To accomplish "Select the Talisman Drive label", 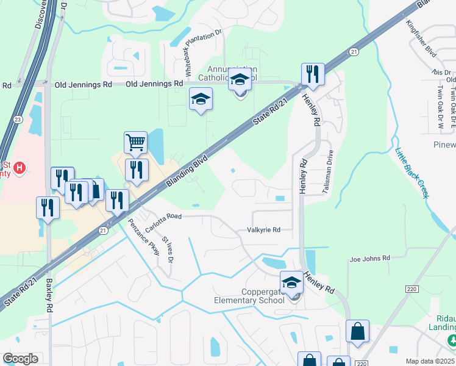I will tap(328, 172).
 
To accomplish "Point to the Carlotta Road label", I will tap(163, 216).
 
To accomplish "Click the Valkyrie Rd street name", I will tap(263, 230).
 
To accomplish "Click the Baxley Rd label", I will tap(49, 293).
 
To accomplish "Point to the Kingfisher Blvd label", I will tap(422, 39).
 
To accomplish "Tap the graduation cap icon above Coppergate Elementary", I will tap(292, 282).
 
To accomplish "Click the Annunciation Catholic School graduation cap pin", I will tap(240, 80).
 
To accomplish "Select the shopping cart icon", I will tap(135, 143).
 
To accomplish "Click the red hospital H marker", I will tap(20, 167).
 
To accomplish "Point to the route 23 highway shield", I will tap(16, 120).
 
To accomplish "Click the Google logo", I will tap(20, 359).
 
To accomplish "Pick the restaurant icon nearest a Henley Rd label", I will tap(312, 75).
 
